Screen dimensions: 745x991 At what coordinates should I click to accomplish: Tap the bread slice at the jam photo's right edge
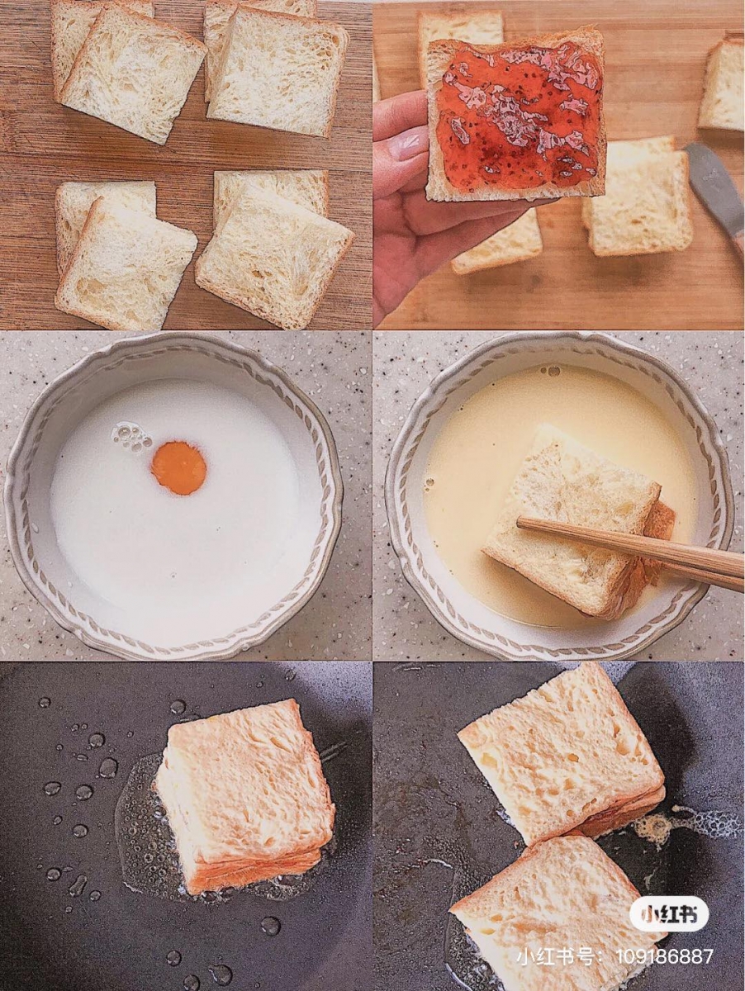pyautogui.click(x=723, y=85)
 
